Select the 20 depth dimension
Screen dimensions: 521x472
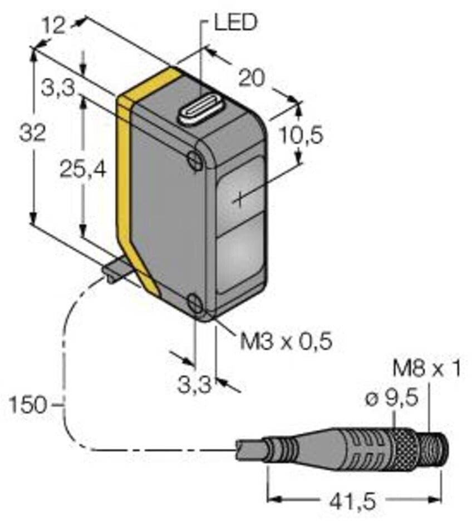(x=252, y=78)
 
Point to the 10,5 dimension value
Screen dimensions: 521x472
(x=300, y=135)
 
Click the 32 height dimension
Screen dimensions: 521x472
(x=32, y=134)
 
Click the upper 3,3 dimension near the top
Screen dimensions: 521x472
(x=57, y=87)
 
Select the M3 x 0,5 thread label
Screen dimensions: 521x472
(x=286, y=341)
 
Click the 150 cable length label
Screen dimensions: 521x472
(x=27, y=404)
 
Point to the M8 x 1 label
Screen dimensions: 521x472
(x=426, y=368)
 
